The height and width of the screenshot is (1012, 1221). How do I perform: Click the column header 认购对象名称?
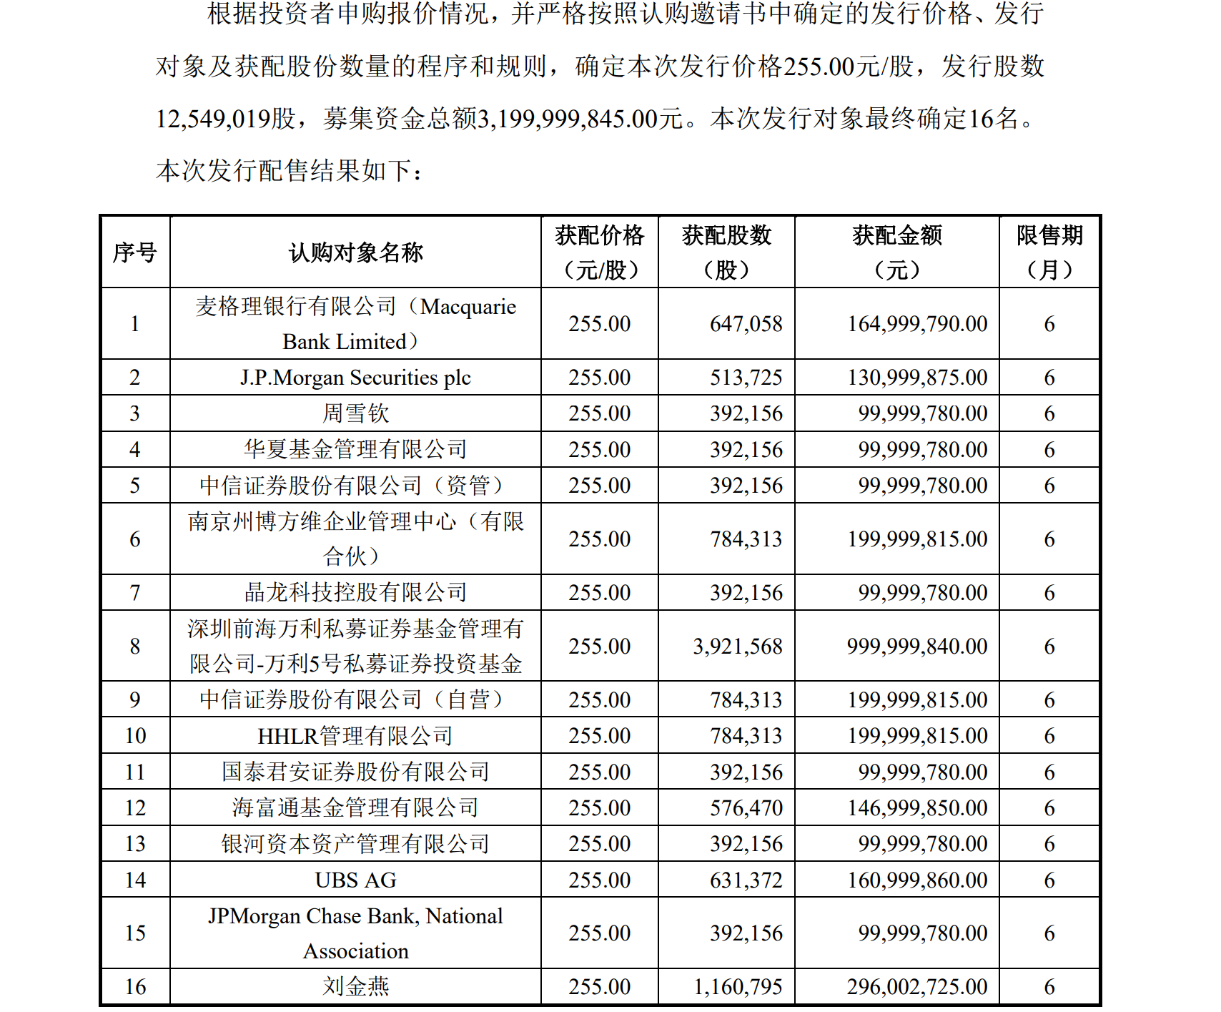coord(355,252)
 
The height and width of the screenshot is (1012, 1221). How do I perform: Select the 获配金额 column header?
coord(897,252)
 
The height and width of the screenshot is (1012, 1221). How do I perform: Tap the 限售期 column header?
coord(1049,252)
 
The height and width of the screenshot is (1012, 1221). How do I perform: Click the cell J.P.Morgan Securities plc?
coord(355,378)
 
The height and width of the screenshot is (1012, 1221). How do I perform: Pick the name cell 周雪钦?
coord(355,413)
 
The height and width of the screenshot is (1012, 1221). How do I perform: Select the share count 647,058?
coord(746,324)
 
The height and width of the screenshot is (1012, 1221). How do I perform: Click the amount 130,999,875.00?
coord(917,378)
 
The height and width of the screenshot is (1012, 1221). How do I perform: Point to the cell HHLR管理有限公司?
coord(355,736)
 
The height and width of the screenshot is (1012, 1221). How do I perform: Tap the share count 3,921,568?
coord(738,647)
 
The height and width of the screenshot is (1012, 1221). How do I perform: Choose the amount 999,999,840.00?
coord(917,647)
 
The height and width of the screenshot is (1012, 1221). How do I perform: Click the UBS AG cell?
coord(355,880)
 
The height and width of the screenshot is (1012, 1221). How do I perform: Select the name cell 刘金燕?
coord(355,987)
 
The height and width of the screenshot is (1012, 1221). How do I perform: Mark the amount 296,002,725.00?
coord(917,987)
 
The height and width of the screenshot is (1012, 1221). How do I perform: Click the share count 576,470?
coord(746,808)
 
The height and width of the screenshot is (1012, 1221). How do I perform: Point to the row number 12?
coord(135,808)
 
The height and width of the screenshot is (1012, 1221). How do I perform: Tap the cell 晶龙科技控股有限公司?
coord(355,593)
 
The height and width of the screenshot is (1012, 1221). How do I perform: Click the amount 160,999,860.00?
coord(917,880)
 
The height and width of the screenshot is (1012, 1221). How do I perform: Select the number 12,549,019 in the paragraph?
coord(213,119)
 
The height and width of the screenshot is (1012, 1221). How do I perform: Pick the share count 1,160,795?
coord(738,987)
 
